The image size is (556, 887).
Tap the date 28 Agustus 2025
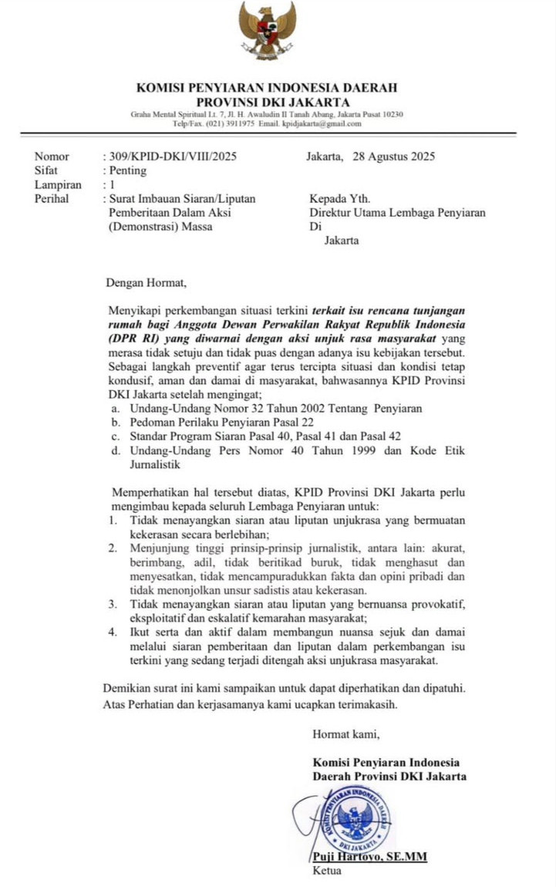tap(393, 157)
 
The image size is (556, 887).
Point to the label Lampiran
tap(58, 184)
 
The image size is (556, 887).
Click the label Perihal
tap(52, 198)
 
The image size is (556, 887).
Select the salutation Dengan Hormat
tap(146, 282)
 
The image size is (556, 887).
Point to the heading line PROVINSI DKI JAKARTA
tap(273, 102)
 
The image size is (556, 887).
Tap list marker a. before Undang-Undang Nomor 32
tap(115, 408)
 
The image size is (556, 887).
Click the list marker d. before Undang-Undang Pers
tap(115, 450)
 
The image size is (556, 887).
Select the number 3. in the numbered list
tap(113, 604)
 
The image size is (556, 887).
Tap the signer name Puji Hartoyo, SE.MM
tap(369, 857)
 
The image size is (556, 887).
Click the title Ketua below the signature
tap(326, 872)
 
